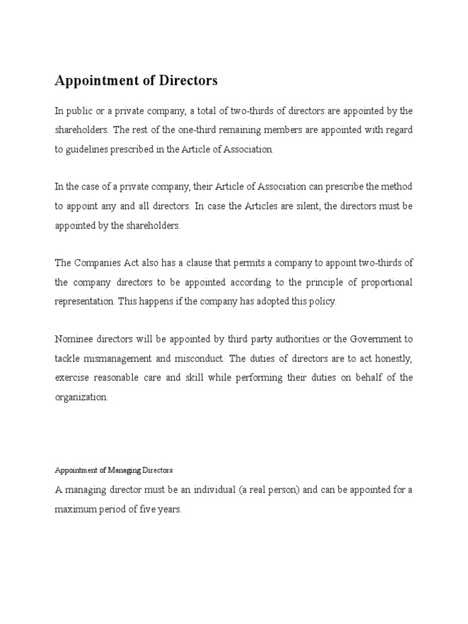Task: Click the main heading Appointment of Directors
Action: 136,80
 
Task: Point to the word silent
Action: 305,206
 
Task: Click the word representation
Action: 84,302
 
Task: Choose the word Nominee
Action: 73,339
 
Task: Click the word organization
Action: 82,397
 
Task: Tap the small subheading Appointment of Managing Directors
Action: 114,470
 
